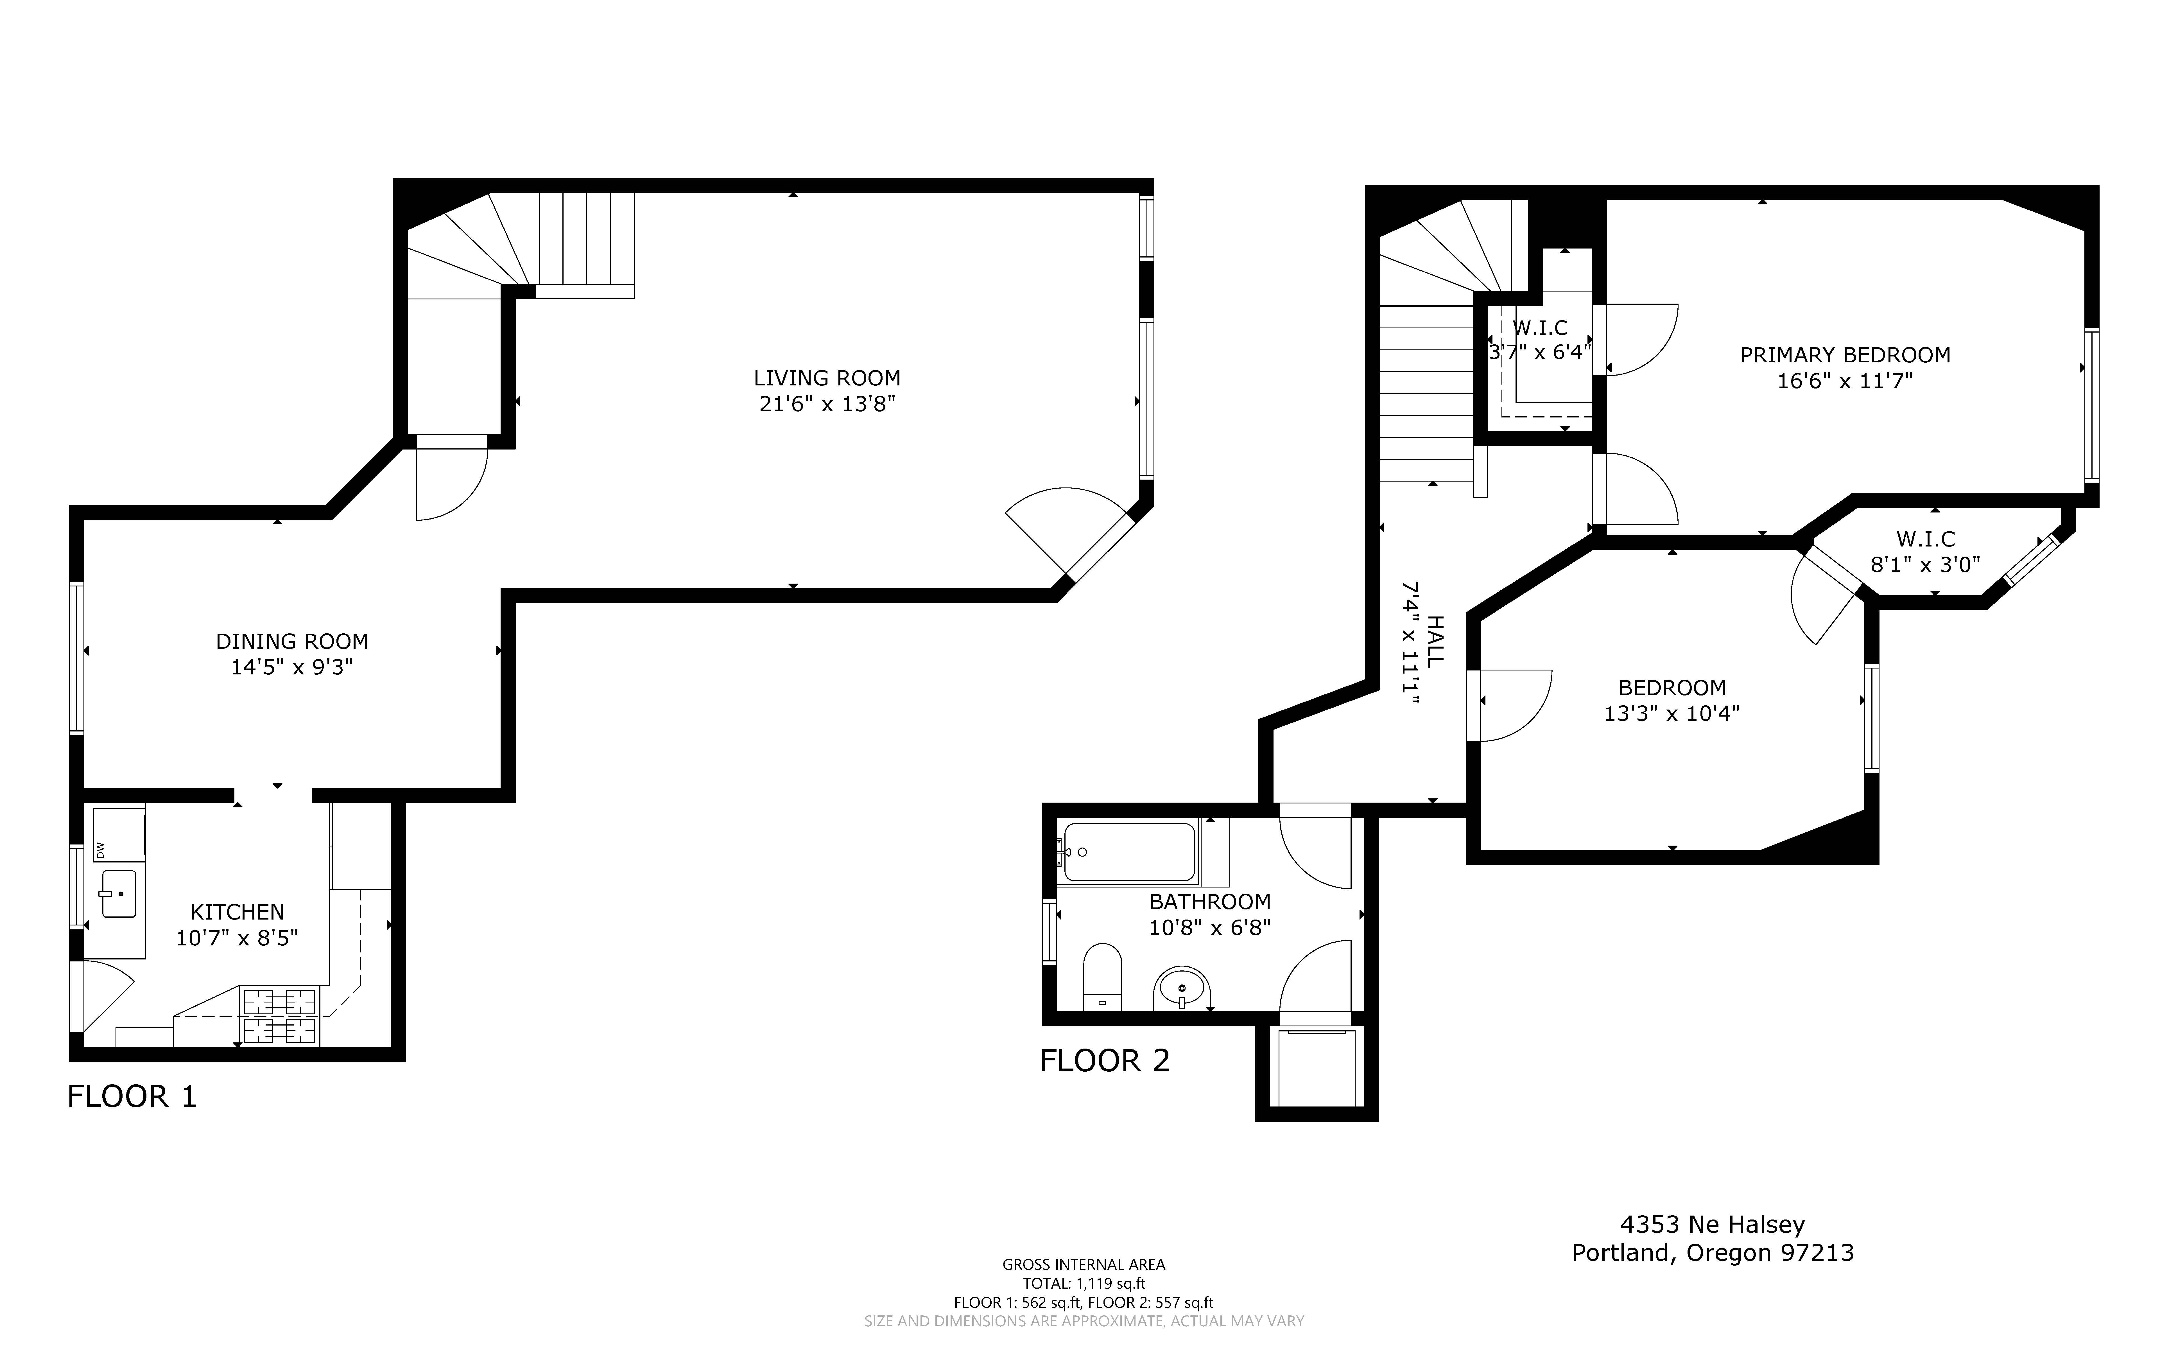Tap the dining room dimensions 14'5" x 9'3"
[x=292, y=668]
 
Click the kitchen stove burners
[x=280, y=1016]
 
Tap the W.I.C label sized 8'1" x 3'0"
[x=1925, y=539]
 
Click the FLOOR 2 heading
[x=1105, y=1061]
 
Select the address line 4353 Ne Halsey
[x=1712, y=1224]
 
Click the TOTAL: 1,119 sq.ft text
[x=1084, y=1283]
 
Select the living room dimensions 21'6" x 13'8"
[x=827, y=404]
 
